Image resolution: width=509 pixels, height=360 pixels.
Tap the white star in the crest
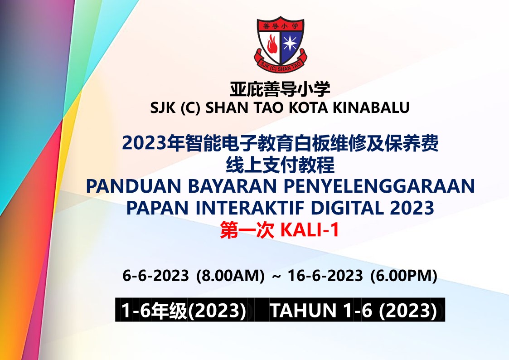coord(290,43)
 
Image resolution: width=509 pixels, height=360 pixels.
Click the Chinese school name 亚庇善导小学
coord(280,89)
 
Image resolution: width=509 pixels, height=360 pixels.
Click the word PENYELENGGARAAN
coord(379,186)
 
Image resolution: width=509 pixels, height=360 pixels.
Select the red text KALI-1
coord(310,230)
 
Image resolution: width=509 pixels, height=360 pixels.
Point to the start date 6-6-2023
coord(155,276)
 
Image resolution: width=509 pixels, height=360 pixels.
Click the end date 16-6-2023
coord(325,276)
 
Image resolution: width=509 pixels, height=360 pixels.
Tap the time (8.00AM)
coord(231,276)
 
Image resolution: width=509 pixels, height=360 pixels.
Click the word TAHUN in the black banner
coord(303,310)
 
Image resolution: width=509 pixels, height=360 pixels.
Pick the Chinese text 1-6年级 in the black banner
coord(154,310)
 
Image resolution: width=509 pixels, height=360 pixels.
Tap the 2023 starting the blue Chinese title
coord(145,143)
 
